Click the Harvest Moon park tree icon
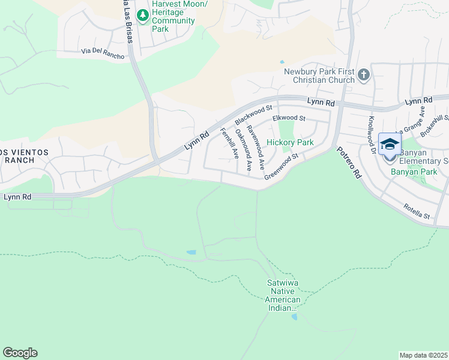[142, 16]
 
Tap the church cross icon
[363, 76]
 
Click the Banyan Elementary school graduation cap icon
[390, 145]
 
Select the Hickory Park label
[290, 143]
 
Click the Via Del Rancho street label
[103, 53]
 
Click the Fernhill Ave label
[229, 143]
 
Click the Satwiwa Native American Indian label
[283, 295]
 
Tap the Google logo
[20, 353]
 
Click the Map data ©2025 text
[423, 355]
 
